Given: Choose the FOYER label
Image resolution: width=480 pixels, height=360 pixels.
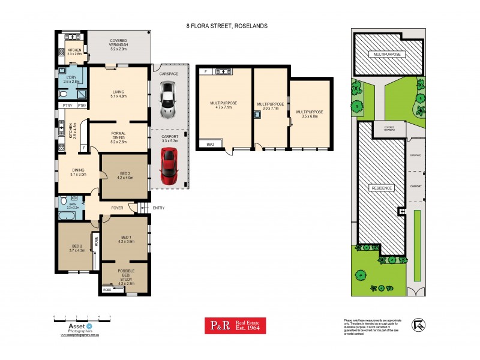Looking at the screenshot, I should (117, 208).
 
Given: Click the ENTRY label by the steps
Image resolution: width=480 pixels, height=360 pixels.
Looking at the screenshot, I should (158, 208).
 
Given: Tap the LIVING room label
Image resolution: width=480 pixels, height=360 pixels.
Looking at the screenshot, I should (118, 93).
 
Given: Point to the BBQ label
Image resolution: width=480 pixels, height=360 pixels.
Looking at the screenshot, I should (210, 145).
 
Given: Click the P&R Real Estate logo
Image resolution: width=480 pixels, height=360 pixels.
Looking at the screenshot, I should (235, 325).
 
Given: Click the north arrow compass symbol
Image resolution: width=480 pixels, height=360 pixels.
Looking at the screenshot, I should (418, 325).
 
